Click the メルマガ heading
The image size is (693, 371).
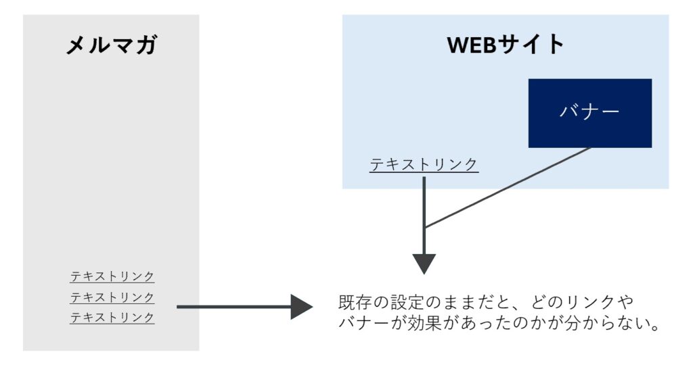pyautogui.click(x=112, y=45)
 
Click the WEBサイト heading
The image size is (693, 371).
pyautogui.click(x=506, y=45)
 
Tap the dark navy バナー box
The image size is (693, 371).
pyautogui.click(x=590, y=113)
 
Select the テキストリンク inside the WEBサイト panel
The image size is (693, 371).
pyautogui.click(x=424, y=164)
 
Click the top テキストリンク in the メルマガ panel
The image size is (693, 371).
pyautogui.click(x=112, y=276)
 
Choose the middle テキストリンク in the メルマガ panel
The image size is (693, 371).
pyautogui.click(x=112, y=297)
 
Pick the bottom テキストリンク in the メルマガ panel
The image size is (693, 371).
pyautogui.click(x=112, y=318)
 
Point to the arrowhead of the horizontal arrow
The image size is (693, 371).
pyautogui.click(x=302, y=307)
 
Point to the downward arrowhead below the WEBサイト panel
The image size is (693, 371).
pyautogui.click(x=424, y=264)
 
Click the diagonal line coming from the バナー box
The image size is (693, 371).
pyautogui.click(x=508, y=187)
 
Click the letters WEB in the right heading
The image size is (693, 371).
pyautogui.click(x=472, y=45)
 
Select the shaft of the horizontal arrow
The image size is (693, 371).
pyautogui.click(x=233, y=307)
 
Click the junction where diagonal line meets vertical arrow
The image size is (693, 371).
pyautogui.click(x=424, y=227)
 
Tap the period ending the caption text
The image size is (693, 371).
pyautogui.click(x=656, y=328)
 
